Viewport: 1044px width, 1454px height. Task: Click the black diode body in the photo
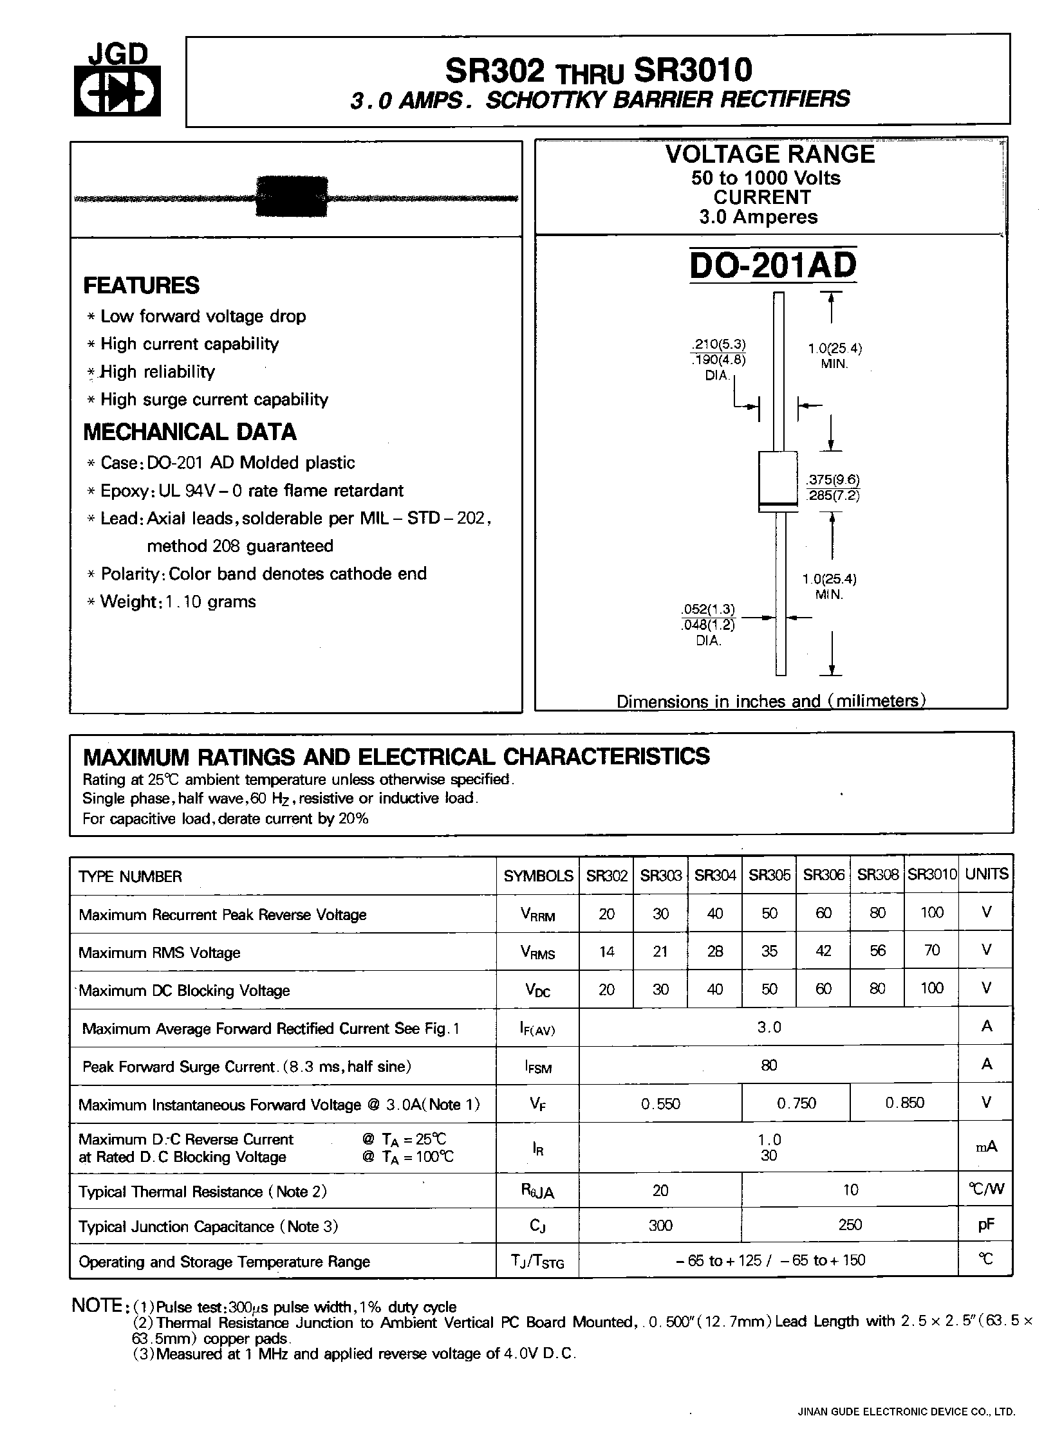click(292, 196)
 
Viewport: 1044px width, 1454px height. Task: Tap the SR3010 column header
click(931, 875)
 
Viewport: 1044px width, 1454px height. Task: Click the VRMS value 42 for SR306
click(823, 951)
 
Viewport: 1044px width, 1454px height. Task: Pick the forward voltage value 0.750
click(796, 1103)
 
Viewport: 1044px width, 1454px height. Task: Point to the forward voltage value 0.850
click(904, 1103)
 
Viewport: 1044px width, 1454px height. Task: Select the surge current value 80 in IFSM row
click(769, 1065)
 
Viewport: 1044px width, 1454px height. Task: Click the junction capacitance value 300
click(660, 1225)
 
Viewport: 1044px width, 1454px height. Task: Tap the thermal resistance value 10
click(850, 1190)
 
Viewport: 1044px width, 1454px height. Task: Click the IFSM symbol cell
click(537, 1067)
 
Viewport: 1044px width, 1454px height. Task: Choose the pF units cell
click(985, 1225)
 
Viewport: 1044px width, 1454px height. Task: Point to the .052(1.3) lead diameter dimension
click(708, 609)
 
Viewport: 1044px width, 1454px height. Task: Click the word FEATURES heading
click(142, 286)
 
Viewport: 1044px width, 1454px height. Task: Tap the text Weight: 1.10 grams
click(178, 602)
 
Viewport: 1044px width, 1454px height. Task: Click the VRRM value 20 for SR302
click(606, 914)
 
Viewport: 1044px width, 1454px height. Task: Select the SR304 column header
click(715, 875)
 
